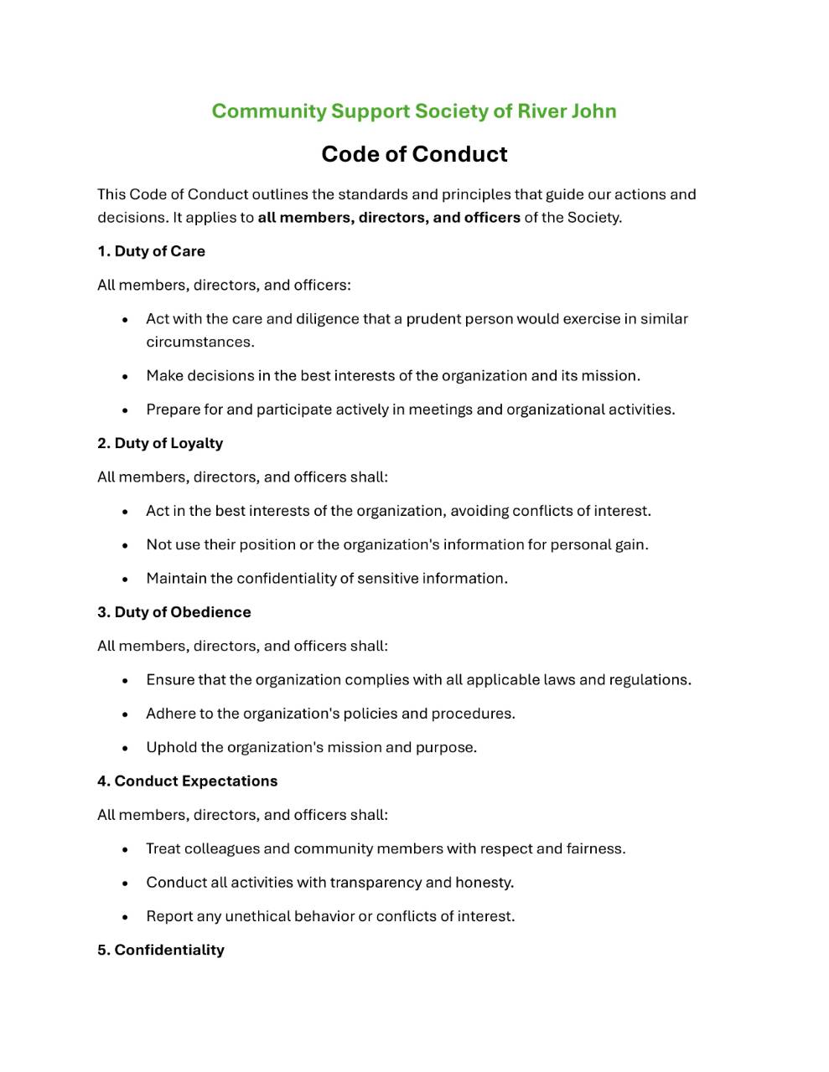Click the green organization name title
tap(414, 111)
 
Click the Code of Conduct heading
tap(414, 154)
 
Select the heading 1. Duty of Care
tap(151, 251)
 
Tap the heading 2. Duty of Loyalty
tap(160, 443)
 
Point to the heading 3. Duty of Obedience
tap(174, 612)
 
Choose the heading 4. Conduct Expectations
tap(187, 781)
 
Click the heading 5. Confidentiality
tap(160, 950)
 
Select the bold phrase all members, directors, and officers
tap(389, 218)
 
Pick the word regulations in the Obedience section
tap(650, 680)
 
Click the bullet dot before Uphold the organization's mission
tap(126, 748)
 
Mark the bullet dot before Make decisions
tap(126, 377)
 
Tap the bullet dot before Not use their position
tap(126, 545)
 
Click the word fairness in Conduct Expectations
tap(595, 849)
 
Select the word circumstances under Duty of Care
tap(199, 342)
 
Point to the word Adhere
tap(170, 714)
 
